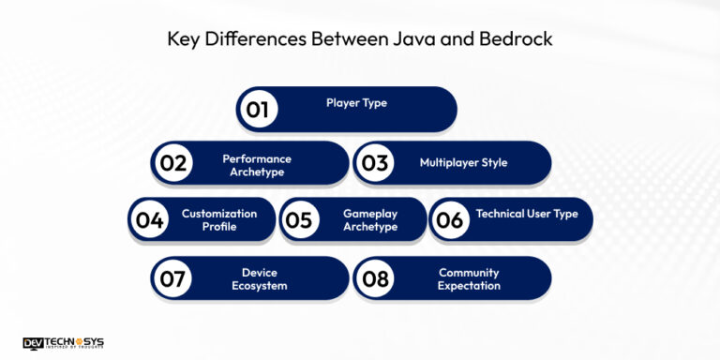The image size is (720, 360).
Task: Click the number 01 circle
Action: tap(258, 109)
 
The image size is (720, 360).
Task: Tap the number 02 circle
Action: tap(172, 163)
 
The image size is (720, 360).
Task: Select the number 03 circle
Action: tap(375, 163)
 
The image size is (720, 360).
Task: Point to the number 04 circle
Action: tap(150, 220)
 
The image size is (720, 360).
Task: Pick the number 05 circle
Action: tap(299, 220)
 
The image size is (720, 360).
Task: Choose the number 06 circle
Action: tap(450, 220)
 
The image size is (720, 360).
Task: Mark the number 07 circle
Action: tap(172, 278)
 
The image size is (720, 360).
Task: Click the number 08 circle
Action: tap(375, 278)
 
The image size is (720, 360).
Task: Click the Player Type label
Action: tap(356, 102)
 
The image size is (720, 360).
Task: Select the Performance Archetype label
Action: tap(256, 165)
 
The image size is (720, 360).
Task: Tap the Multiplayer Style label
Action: tap(463, 162)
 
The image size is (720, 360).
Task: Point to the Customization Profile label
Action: tap(219, 219)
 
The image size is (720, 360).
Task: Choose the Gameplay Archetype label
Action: tap(370, 219)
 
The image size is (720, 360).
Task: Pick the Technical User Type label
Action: tap(527, 214)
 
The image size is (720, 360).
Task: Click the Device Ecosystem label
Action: tap(259, 278)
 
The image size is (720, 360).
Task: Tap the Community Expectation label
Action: tap(469, 278)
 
